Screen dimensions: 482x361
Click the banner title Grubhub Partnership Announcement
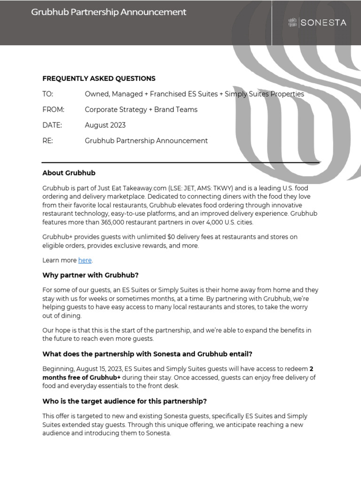pyautogui.click(x=109, y=12)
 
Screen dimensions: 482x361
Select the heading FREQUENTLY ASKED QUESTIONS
pyautogui.click(x=99, y=79)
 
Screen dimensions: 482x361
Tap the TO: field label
pyautogui.click(x=48, y=94)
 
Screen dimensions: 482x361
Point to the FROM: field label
pyautogui.click(x=53, y=110)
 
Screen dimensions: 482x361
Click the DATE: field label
pyautogui.click(x=52, y=125)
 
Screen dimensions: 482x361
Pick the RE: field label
pyautogui.click(x=47, y=141)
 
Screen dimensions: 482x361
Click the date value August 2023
pyautogui.click(x=105, y=125)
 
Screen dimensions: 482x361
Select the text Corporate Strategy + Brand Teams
pyautogui.click(x=141, y=110)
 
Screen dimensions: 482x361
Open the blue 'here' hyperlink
pyautogui.click(x=85, y=260)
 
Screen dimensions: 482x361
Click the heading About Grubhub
pyautogui.click(x=69, y=173)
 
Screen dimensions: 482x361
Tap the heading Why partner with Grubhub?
pyautogui.click(x=90, y=275)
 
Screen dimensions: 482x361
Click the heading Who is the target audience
pyautogui.click(x=125, y=401)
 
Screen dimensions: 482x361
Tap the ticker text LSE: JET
pyautogui.click(x=184, y=188)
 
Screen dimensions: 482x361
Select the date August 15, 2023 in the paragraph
pyautogui.click(x=99, y=369)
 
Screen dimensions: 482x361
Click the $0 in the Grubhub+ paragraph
pyautogui.click(x=172, y=237)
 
